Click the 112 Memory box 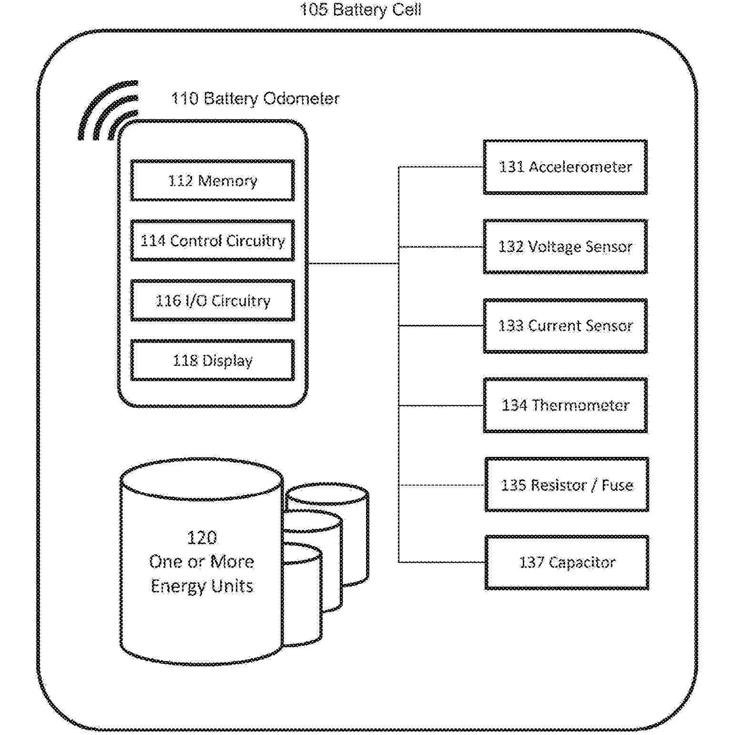pyautogui.click(x=213, y=181)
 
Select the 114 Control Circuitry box pyautogui.click(x=213, y=241)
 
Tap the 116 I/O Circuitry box pyautogui.click(x=213, y=301)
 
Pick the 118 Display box pyautogui.click(x=213, y=361)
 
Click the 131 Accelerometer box pyautogui.click(x=565, y=167)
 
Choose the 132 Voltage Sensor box pyautogui.click(x=565, y=247)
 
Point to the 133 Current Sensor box pyautogui.click(x=565, y=326)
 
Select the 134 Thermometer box pyautogui.click(x=565, y=405)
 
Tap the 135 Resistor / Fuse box pyautogui.click(x=567, y=485)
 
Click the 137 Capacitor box pyautogui.click(x=567, y=563)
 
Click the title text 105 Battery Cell pyautogui.click(x=360, y=10)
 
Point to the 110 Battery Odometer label pyautogui.click(x=255, y=99)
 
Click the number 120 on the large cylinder pyautogui.click(x=202, y=538)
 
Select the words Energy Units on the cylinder pyautogui.click(x=202, y=586)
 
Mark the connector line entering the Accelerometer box pyautogui.click(x=441, y=167)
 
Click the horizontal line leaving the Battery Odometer pyautogui.click(x=353, y=263)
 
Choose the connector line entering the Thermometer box pyautogui.click(x=441, y=405)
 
